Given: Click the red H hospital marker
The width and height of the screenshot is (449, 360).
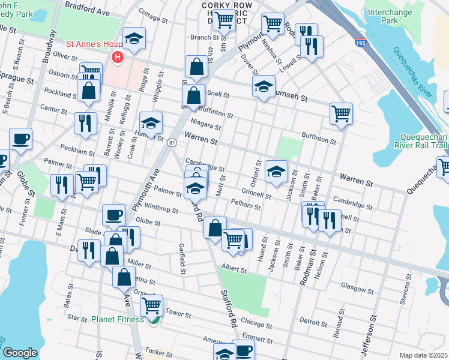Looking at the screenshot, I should (x=117, y=57).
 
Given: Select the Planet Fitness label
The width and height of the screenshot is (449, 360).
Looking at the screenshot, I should (x=118, y=319).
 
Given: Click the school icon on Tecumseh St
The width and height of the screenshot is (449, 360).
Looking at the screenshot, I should (x=264, y=85).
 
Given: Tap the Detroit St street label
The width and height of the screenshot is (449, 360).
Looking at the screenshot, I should (x=312, y=322).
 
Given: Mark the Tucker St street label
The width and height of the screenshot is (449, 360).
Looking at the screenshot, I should (x=158, y=352).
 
